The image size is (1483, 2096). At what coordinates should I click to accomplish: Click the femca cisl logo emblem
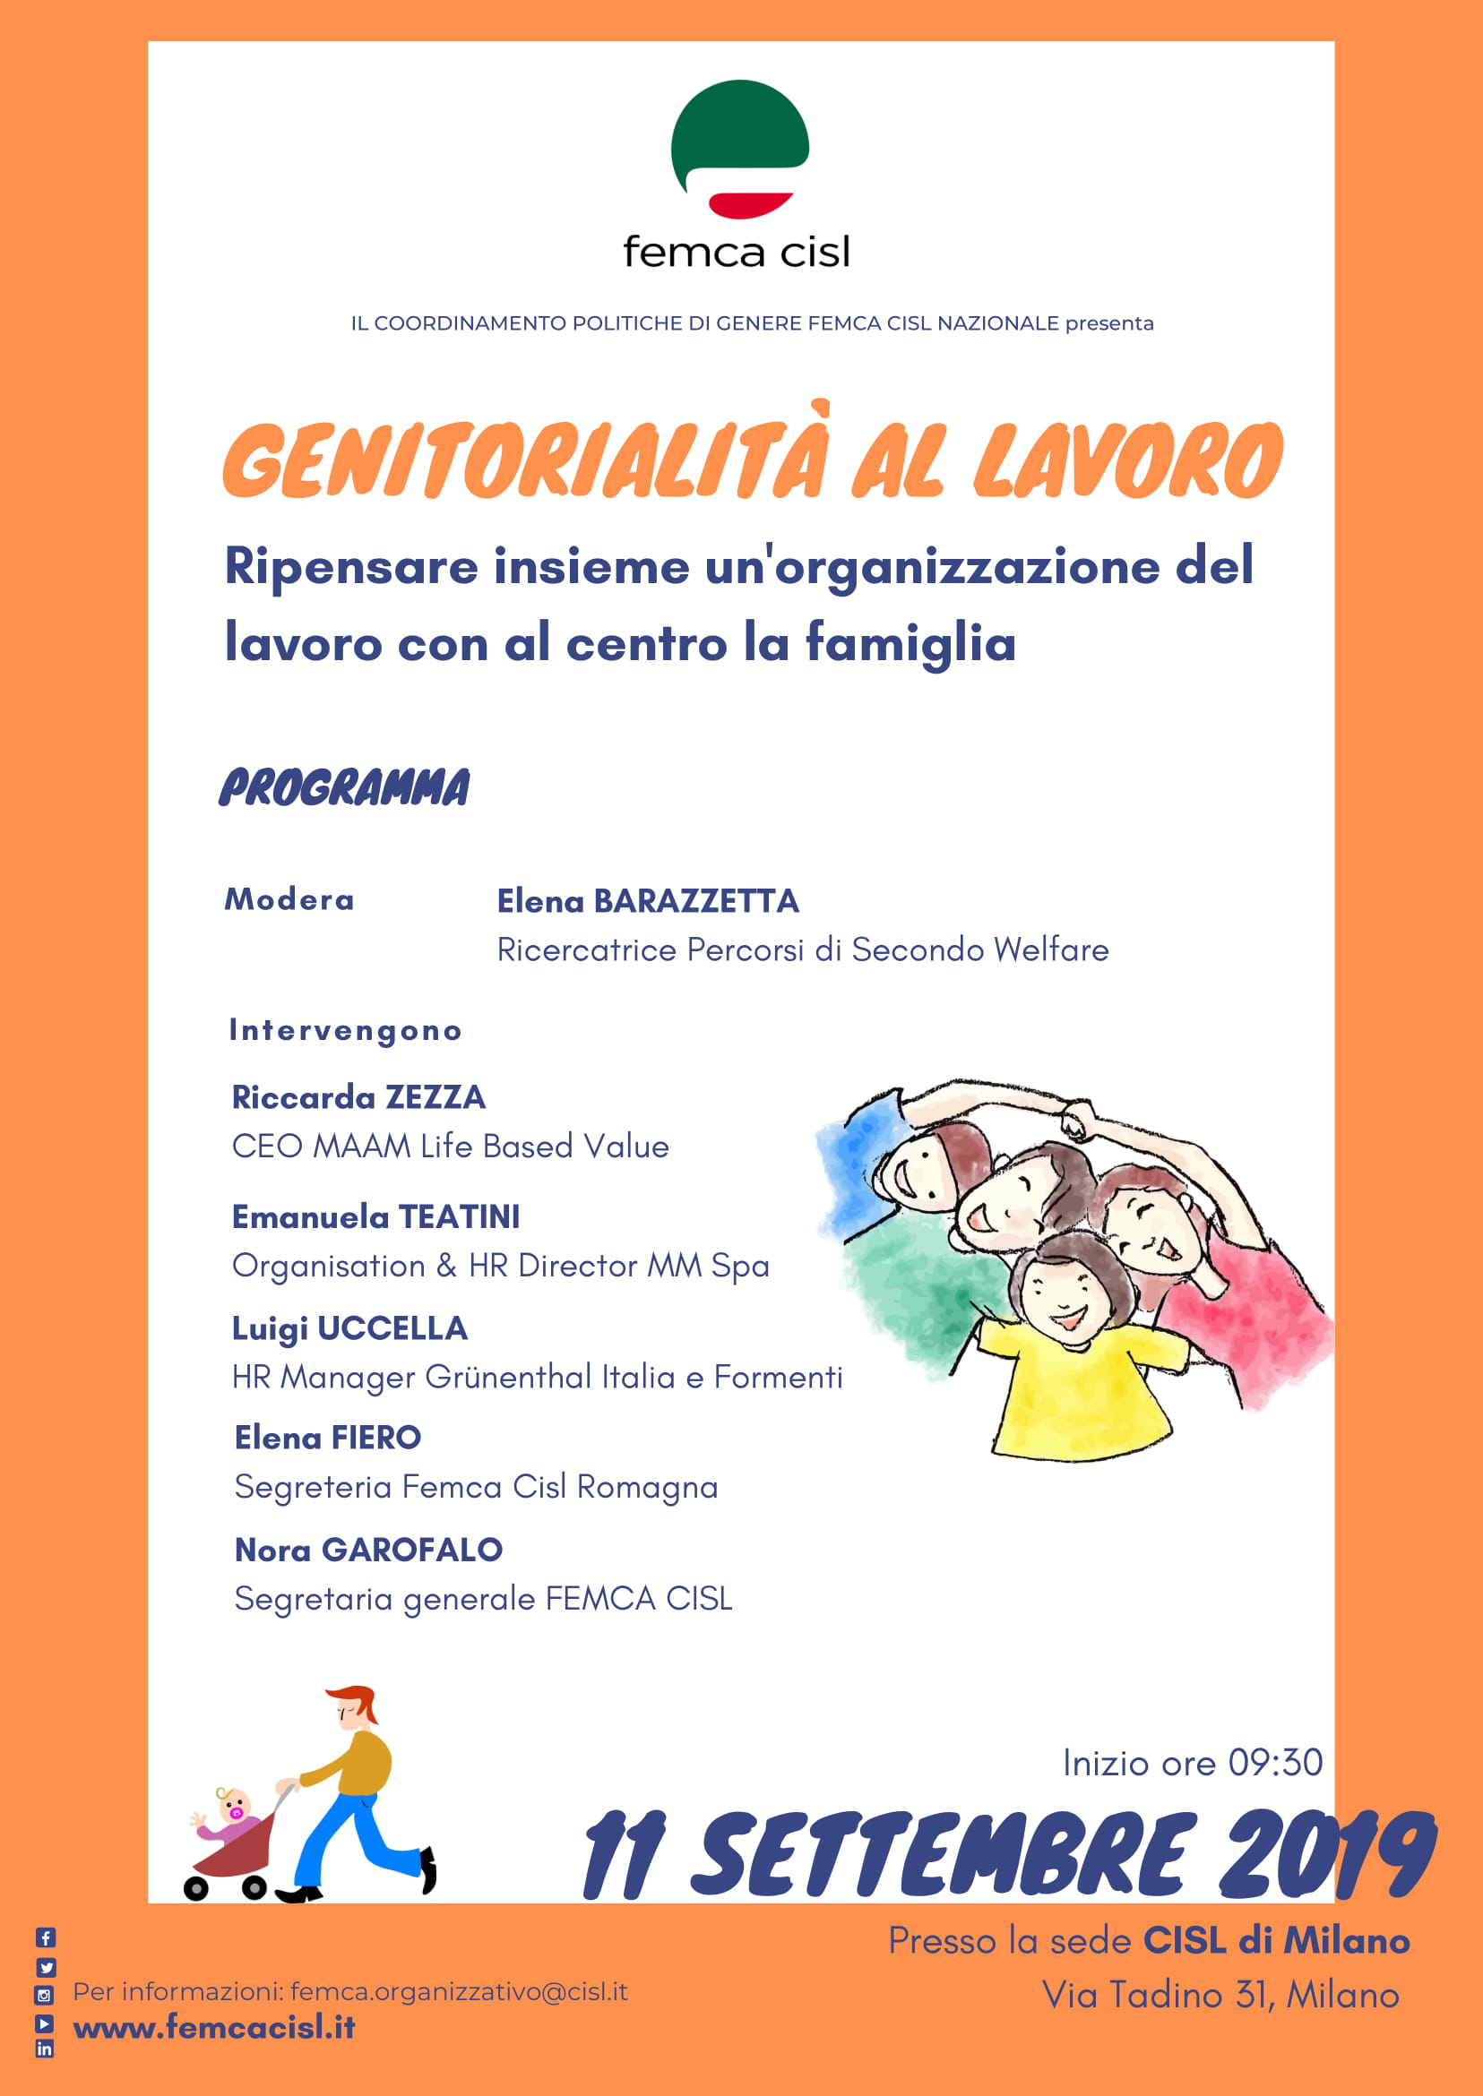coord(738,149)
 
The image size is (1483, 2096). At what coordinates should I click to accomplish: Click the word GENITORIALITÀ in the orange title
coord(525,462)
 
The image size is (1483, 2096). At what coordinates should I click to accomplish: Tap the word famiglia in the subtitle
coord(910,644)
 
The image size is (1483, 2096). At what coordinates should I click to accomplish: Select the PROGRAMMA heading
coord(344,788)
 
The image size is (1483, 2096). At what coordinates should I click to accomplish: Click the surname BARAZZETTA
coord(696,901)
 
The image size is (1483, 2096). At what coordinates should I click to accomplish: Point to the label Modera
coord(289,900)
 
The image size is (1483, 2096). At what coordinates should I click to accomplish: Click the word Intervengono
coord(345,1031)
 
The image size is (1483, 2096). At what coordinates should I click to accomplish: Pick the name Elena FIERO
coord(328,1438)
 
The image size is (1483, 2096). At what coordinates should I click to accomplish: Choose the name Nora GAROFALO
coord(368,1551)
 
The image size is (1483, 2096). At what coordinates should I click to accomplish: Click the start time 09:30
coord(1275,1763)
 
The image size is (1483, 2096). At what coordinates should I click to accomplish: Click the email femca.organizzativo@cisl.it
coord(459,1992)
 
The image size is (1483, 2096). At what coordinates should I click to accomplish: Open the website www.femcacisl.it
coord(213,2028)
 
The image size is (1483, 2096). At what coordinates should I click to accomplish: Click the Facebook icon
coord(46,1937)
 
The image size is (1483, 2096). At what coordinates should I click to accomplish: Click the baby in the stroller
coord(232,1811)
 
